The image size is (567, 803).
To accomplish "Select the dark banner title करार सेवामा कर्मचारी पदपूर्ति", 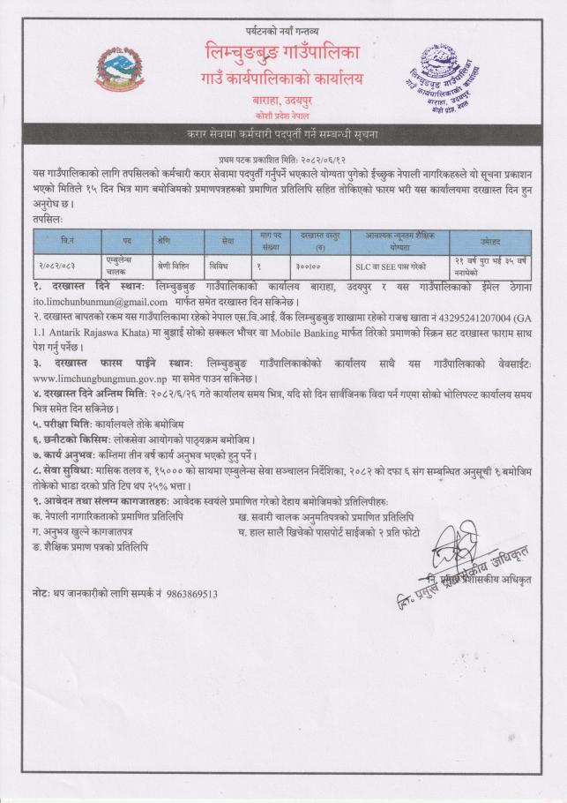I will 283,134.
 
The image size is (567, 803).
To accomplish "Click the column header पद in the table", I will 115,240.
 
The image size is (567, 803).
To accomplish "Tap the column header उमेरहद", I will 490,240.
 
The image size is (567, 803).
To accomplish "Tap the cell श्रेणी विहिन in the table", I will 168,263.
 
